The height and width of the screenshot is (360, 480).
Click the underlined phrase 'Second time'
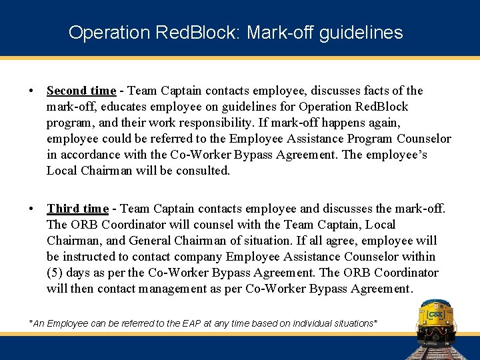pos(81,91)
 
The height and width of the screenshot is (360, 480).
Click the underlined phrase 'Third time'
pos(77,209)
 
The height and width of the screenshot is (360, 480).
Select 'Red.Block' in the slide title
pos(191,32)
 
